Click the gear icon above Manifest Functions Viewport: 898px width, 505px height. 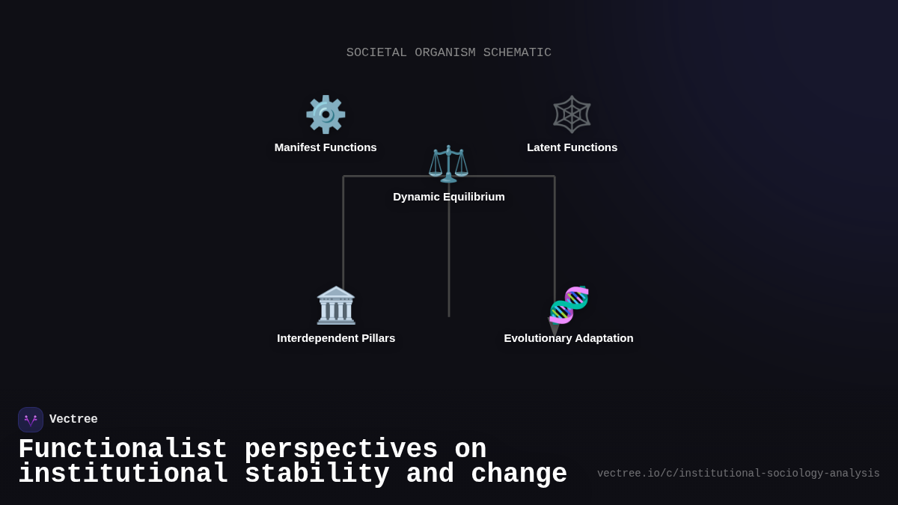326,114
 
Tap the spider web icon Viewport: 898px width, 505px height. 572,114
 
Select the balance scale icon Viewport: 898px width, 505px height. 448,164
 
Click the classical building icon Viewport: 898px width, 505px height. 336,305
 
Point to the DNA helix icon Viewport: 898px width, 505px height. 569,304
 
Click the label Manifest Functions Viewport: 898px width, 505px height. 326,147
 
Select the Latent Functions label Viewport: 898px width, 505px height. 572,147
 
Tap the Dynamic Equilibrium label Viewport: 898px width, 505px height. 448,197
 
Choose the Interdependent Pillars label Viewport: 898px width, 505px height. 336,338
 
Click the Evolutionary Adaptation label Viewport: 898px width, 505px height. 568,338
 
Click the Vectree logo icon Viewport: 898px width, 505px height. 31,420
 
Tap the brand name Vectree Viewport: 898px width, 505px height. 73,420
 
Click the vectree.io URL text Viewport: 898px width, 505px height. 738,474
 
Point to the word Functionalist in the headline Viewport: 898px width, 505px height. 123,450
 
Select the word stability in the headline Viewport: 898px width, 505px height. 317,474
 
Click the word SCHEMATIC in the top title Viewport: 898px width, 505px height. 517,53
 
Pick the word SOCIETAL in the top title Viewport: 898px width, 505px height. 376,53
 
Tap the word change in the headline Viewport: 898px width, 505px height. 519,474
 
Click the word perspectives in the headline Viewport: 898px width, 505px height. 341,450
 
